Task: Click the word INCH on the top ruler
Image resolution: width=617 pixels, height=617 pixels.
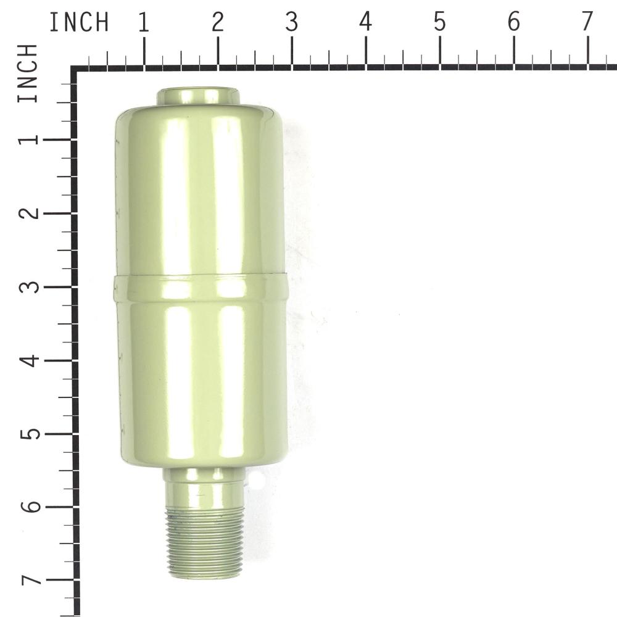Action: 79,22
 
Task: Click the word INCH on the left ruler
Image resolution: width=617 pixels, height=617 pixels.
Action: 28,73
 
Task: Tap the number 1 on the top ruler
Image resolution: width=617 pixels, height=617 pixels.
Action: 144,22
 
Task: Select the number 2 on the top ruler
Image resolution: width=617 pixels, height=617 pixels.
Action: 218,22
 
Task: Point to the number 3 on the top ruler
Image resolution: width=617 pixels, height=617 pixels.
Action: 292,22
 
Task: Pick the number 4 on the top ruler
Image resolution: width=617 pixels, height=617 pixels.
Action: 365,22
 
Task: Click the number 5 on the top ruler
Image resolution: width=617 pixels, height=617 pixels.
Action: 439,22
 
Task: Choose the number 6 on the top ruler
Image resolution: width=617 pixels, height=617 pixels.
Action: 513,22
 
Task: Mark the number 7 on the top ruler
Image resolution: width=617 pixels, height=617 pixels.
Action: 587,22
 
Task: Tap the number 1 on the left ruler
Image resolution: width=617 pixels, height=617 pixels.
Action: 29,139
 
